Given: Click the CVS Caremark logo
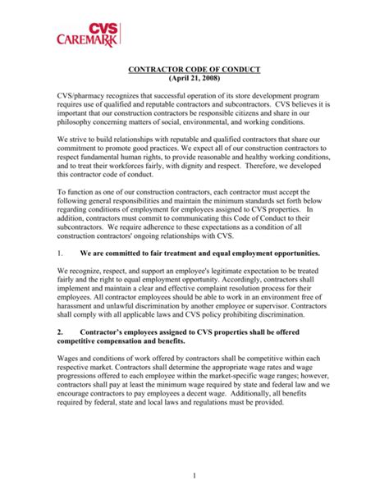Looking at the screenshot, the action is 87,32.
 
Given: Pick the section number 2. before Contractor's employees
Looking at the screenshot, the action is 61,332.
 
